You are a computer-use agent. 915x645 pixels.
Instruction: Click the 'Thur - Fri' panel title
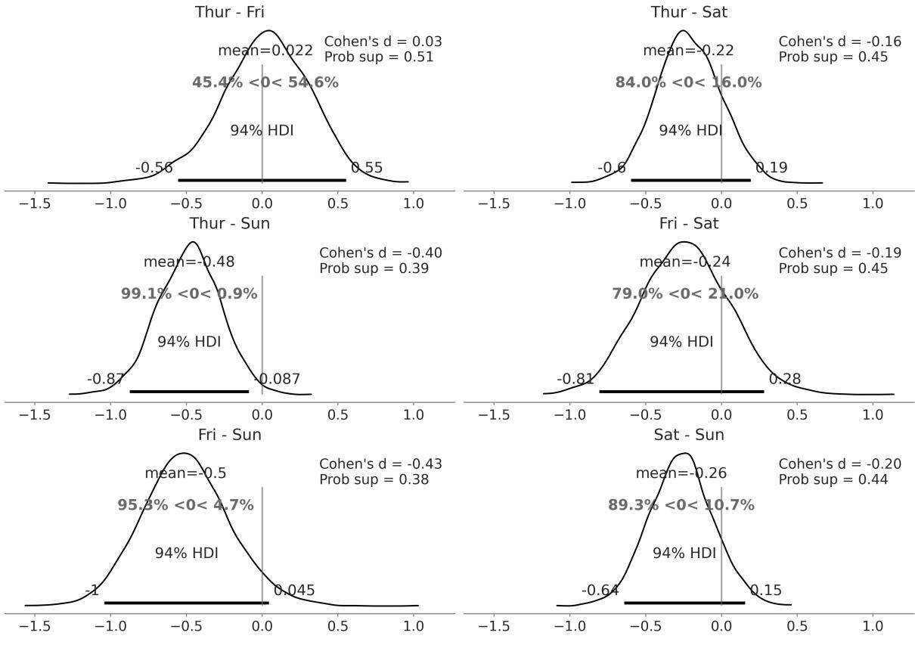pos(230,12)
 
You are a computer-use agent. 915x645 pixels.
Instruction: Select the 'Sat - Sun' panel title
pos(689,435)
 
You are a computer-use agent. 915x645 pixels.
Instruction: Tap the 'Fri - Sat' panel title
pos(689,223)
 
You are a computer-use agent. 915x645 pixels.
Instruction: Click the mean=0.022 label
pos(265,51)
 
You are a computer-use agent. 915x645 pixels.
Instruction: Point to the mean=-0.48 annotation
pos(189,262)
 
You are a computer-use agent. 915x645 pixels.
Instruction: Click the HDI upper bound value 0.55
pos(367,168)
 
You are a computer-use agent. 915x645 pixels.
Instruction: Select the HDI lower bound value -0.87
pos(106,379)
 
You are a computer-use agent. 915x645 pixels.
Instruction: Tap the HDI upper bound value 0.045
pos(294,591)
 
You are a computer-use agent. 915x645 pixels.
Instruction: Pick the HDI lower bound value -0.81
pos(575,379)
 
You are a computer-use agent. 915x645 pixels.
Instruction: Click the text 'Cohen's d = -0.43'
pos(380,464)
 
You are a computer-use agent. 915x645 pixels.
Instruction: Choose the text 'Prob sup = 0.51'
pos(379,57)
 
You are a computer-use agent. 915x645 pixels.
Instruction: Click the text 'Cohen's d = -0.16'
pos(840,42)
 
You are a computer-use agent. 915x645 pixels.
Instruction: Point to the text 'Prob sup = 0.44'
pos(833,479)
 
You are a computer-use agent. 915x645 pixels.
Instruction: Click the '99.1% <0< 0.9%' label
pos(189,294)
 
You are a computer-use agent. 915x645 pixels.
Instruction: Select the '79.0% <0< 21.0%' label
pos(685,294)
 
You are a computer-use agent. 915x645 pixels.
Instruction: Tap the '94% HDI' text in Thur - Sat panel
pos(690,130)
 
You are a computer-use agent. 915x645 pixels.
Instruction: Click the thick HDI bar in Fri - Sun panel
pos(187,603)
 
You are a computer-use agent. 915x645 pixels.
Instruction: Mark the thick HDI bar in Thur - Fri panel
pos(262,180)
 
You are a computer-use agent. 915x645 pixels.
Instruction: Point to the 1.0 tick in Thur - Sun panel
pos(414,415)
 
